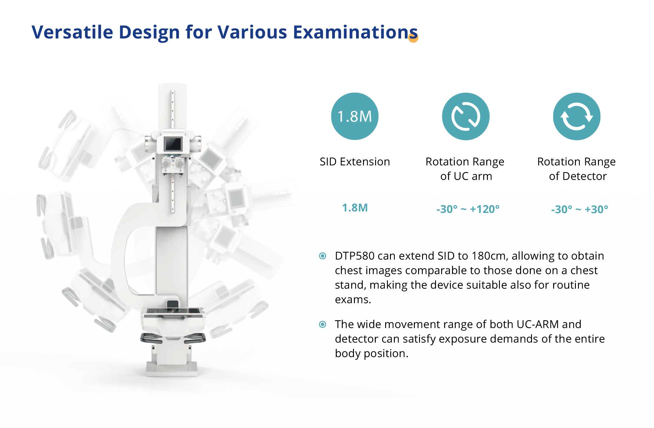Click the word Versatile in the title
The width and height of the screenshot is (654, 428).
tap(72, 32)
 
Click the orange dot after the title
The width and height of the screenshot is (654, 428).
tap(413, 38)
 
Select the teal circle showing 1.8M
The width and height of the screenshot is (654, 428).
tap(355, 116)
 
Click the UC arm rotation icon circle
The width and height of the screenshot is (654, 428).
tap(466, 116)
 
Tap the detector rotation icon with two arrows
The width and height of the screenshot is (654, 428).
tap(577, 116)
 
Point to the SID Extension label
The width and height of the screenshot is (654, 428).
tap(355, 162)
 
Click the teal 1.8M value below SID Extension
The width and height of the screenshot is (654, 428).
tap(355, 208)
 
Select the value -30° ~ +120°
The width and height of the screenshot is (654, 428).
tap(468, 209)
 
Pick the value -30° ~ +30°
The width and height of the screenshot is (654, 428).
tap(580, 209)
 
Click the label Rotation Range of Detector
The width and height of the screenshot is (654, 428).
tap(577, 169)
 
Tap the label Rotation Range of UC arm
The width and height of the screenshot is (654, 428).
tap(465, 169)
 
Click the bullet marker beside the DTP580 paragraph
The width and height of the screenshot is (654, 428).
tap(323, 256)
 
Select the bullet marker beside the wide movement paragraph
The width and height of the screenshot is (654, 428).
tap(323, 324)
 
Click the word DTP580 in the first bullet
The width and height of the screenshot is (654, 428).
tap(355, 256)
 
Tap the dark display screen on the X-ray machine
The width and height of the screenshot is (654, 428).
tap(173, 144)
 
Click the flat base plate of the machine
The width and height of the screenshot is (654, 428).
tap(172, 370)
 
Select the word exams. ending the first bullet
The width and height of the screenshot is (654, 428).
tap(353, 300)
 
